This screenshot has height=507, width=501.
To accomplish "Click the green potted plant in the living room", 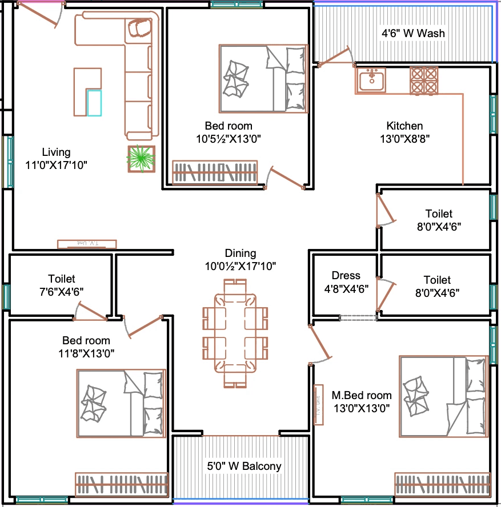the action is tap(141, 159).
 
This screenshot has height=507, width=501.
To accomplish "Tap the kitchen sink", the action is tap(371, 79).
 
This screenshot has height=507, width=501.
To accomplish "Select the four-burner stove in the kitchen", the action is tap(424, 81).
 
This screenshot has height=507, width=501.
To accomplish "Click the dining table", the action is tap(235, 333).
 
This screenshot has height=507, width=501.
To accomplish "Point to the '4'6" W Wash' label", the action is tap(413, 33).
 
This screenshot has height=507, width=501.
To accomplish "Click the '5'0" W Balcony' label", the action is tap(244, 466).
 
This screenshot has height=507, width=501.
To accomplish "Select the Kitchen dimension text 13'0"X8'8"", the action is tap(404, 139).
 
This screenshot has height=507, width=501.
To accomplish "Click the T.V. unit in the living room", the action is tap(87, 244).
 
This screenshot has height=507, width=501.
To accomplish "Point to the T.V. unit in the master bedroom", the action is tap(319, 404).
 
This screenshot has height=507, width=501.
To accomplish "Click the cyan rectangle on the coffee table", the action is tap(94, 103).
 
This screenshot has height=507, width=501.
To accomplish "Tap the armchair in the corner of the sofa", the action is tap(140, 28).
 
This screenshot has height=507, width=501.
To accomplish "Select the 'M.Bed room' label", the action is tap(362, 395).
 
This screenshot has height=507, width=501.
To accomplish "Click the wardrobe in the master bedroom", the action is tap(442, 484).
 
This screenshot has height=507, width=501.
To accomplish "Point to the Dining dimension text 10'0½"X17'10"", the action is tap(241, 266).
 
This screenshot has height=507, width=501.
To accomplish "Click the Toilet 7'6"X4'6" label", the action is tap(62, 285).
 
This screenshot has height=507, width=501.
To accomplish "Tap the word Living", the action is tap(56, 152).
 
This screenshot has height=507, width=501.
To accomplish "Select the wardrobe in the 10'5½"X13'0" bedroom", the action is tap(215, 172).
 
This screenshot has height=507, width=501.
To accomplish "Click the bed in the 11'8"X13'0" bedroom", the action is tap(121, 404).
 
